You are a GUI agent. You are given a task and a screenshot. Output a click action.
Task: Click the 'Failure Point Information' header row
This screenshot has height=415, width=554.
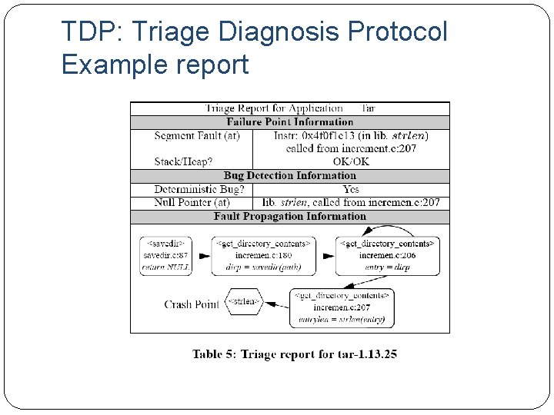point(289,121)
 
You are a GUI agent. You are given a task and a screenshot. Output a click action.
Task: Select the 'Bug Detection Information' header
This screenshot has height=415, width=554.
point(289,176)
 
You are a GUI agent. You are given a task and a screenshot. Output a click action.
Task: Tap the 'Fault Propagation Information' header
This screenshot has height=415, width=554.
point(289,217)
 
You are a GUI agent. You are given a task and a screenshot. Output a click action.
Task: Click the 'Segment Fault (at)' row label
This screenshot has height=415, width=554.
point(197,135)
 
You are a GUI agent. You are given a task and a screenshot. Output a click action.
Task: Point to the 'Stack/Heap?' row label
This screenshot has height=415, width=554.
point(183,161)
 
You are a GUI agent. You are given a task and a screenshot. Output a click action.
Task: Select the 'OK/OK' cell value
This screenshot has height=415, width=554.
point(351,161)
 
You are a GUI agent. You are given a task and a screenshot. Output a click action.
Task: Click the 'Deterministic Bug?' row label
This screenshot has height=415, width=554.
point(199,189)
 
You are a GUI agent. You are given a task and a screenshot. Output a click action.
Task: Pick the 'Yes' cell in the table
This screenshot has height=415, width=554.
point(351,189)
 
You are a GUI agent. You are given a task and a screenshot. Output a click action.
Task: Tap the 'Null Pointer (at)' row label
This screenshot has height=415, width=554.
point(192,202)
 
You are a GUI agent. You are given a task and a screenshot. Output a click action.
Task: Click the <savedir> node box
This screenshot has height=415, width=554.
point(165,255)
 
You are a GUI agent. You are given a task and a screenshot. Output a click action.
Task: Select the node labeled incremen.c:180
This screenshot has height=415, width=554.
point(263,255)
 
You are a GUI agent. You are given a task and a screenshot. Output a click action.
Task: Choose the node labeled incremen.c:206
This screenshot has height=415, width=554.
point(388,255)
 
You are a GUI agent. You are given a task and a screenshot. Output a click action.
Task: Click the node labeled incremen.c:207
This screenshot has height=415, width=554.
point(342,307)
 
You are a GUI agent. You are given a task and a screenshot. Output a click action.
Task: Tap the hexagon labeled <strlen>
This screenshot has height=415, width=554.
point(242,302)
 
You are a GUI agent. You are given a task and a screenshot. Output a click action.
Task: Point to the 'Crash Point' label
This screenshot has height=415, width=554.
point(192,304)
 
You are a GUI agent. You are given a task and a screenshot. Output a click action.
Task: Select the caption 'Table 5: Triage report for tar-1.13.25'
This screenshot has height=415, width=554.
point(295,354)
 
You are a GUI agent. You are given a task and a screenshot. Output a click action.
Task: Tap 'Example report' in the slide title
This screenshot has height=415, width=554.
point(155,65)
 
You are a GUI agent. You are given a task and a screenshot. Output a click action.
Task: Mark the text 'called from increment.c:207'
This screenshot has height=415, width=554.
point(351,148)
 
